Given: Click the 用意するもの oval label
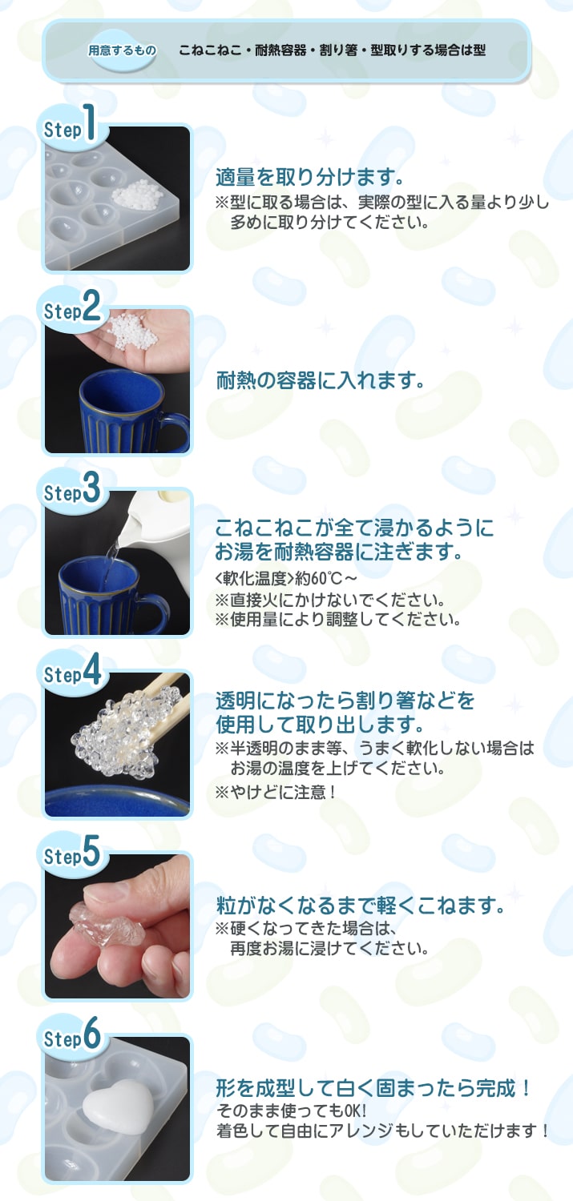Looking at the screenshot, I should click(122, 50).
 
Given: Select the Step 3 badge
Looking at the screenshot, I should click(71, 491).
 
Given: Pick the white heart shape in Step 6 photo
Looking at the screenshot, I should click(118, 1106).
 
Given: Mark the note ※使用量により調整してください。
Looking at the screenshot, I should click(337, 620).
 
